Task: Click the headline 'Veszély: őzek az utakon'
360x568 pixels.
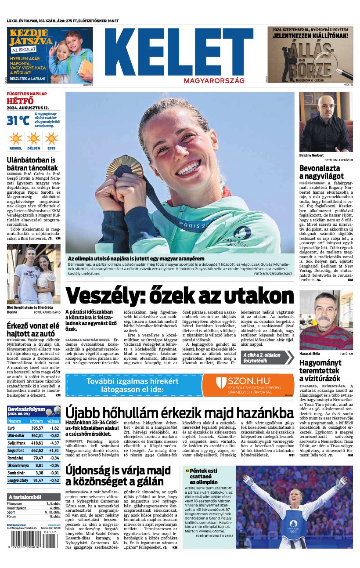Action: click(180, 295)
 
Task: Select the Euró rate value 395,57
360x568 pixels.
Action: click(37, 428)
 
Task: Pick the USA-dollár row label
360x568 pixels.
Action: click(16, 435)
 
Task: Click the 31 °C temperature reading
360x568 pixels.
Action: click(18, 120)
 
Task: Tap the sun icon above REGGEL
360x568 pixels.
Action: click(15, 138)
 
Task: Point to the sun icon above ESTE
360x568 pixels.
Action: click(51, 138)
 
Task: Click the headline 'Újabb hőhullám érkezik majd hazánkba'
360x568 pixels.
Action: click(180, 413)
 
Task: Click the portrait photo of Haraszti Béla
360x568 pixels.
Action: click(326, 320)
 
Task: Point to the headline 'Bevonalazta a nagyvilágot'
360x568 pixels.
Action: click(320, 172)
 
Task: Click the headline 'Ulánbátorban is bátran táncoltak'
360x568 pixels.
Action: click(32, 164)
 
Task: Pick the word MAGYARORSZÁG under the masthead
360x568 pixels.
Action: click(214, 81)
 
